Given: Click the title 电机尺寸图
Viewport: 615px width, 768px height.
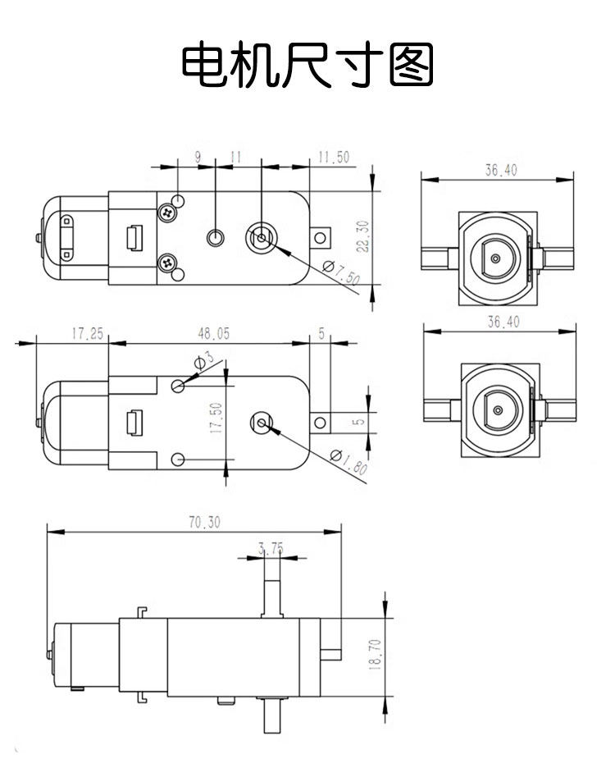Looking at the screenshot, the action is coord(307,64).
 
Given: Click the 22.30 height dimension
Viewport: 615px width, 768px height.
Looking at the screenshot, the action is coord(362,236).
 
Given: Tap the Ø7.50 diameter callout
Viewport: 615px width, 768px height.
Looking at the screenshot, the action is coord(342,272).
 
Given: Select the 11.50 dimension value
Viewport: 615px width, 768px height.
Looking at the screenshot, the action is coord(334,158).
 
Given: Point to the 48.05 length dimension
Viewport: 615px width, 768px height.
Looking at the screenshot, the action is coord(213,334).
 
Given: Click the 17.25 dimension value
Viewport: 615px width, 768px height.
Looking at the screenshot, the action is coord(88,334).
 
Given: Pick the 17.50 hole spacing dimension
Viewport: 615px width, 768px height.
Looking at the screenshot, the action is coord(216,418).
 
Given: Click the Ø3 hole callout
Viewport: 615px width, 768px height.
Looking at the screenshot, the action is coord(204,359).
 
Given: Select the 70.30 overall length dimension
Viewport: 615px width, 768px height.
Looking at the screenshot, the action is coord(205,522).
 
